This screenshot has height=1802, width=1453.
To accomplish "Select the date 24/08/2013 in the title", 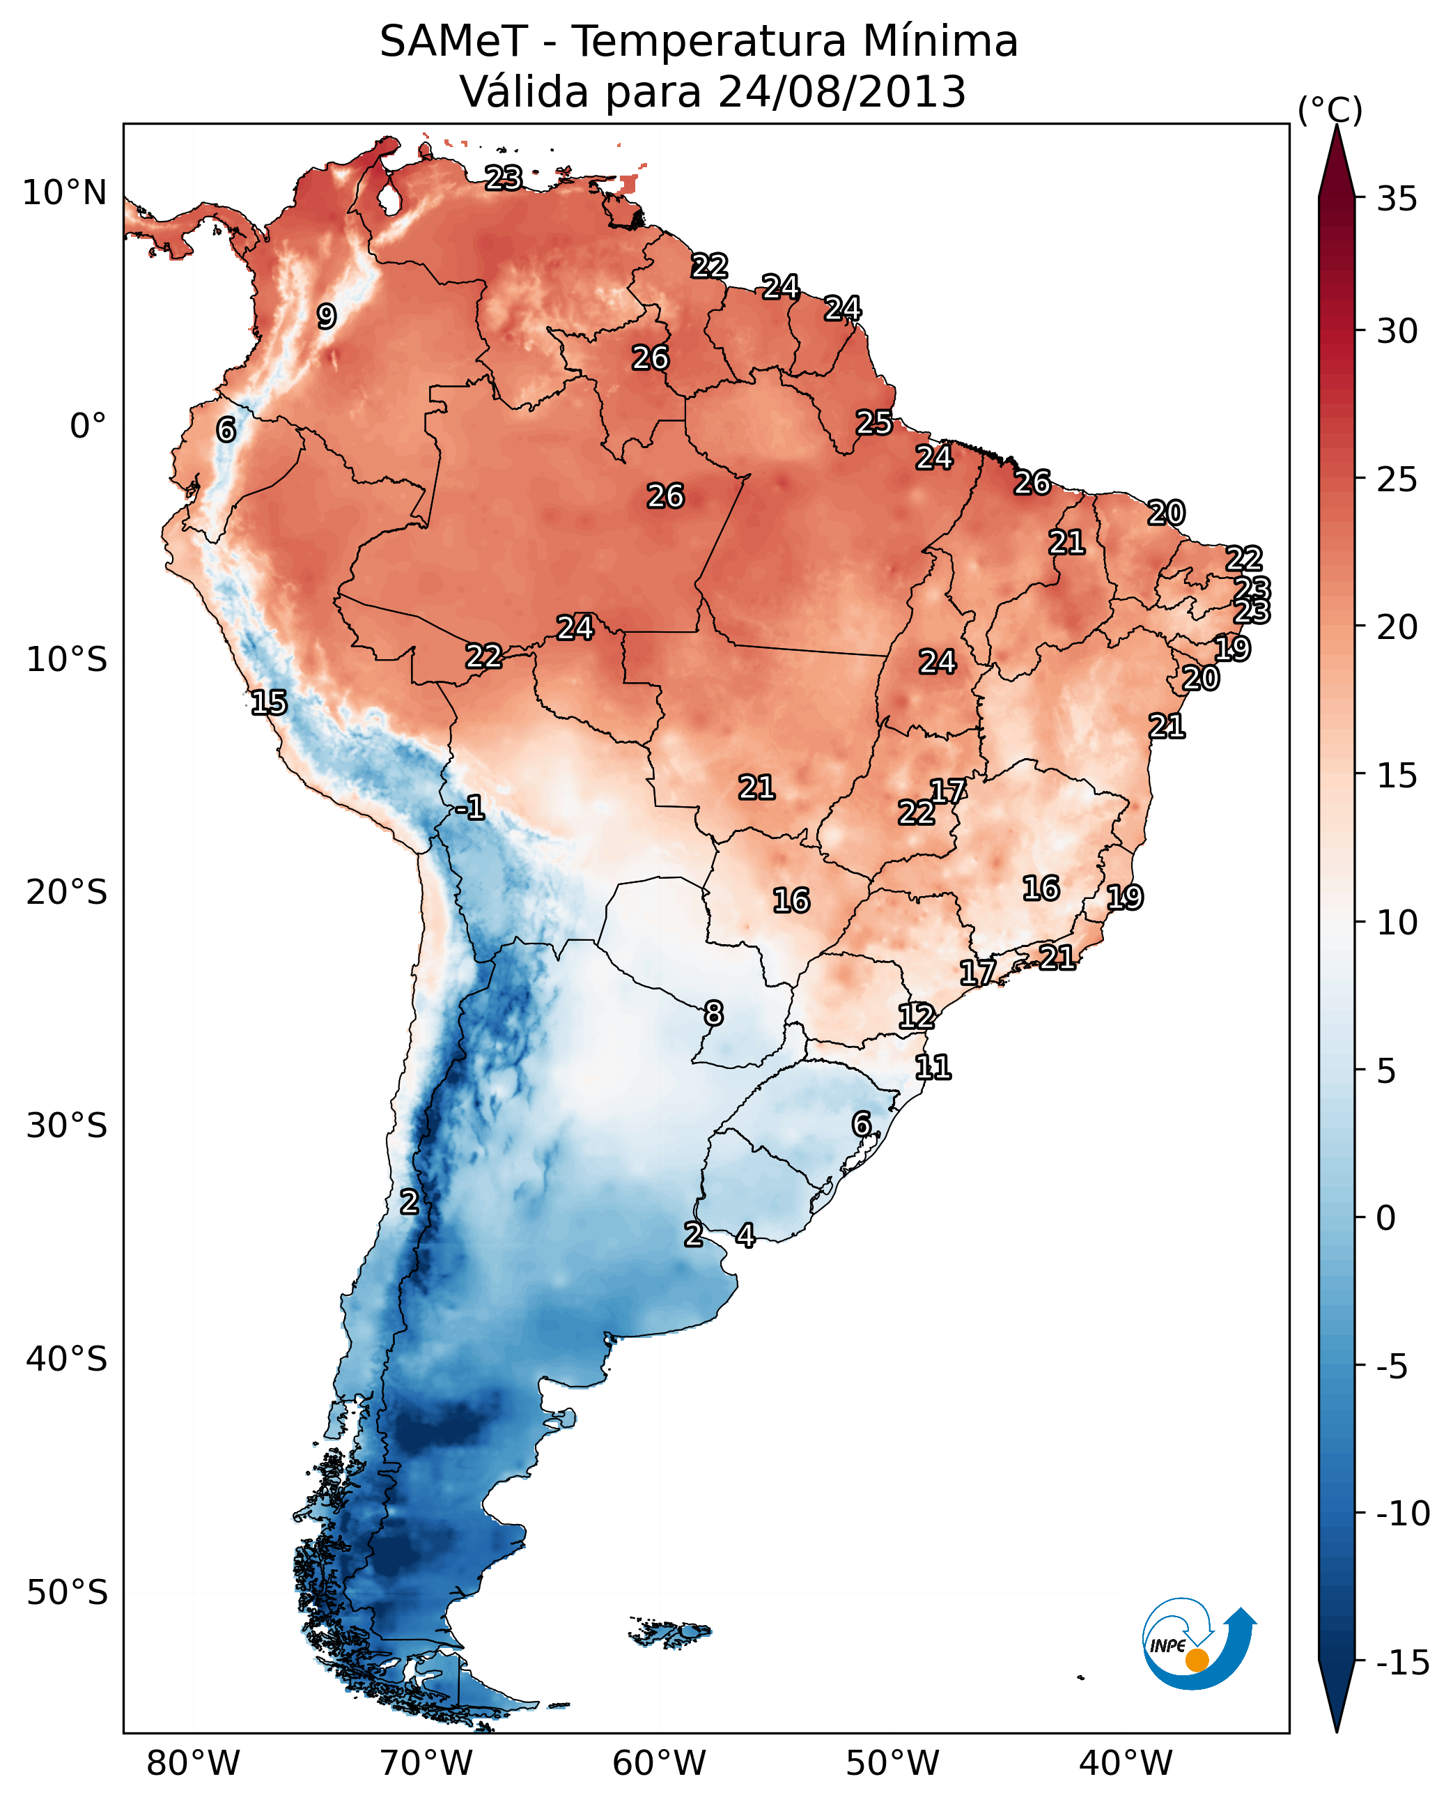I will (841, 92).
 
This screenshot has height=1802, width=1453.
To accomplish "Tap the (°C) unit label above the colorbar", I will (1330, 109).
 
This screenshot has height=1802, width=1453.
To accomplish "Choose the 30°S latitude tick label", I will (66, 1125).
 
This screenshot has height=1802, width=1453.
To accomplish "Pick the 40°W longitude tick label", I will (1125, 1764).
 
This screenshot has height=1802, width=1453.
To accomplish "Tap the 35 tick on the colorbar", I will (1397, 199).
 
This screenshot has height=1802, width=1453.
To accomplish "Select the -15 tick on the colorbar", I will (1403, 1662).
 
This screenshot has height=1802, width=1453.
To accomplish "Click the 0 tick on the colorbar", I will (1386, 1217).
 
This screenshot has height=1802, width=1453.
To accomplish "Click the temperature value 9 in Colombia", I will (327, 316).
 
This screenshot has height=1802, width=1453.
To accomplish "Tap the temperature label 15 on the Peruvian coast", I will (269, 702).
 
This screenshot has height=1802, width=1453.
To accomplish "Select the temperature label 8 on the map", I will (713, 1013).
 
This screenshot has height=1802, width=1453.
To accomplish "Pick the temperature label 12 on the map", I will (917, 1016).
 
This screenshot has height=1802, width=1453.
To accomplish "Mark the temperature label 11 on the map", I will (933, 1067).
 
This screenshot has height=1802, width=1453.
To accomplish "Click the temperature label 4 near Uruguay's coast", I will (745, 1235).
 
